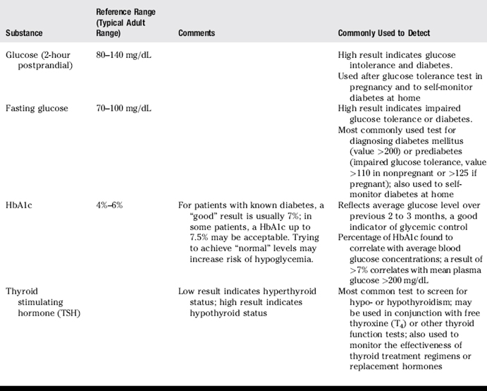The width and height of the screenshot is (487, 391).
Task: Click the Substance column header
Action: pyautogui.click(x=24, y=33)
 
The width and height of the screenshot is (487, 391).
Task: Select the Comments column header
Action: pyautogui.click(x=197, y=33)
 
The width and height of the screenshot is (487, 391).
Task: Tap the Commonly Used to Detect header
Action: pyautogui.click(x=384, y=33)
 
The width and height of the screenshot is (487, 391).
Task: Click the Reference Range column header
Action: pyautogui.click(x=126, y=23)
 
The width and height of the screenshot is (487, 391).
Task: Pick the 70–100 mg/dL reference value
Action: pyautogui.click(x=123, y=108)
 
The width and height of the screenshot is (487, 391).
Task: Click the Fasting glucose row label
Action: pyautogui.click(x=37, y=108)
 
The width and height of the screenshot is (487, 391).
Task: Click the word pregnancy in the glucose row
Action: pyautogui.click(x=363, y=86)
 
